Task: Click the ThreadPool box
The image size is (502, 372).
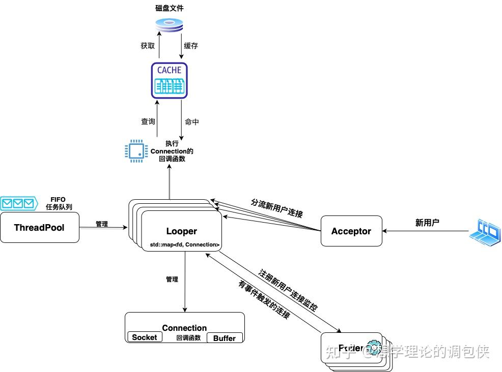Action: coord(39,227)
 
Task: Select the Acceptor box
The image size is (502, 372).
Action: coord(351,231)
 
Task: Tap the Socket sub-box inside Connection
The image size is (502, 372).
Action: coord(144,337)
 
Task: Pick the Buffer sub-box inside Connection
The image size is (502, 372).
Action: coord(225,338)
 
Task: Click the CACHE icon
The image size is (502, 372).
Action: coord(170,80)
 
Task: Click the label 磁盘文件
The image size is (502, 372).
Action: coord(170,8)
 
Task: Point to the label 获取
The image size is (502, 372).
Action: coord(148,46)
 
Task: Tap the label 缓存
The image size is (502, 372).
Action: coord(191,46)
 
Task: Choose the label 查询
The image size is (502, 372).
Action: coord(148,122)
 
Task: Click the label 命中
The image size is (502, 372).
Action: coord(192,122)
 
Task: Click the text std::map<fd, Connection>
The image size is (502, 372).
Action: coord(184,245)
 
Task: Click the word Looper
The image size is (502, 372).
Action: coord(181,231)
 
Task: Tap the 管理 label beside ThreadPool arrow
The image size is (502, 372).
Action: coord(102,224)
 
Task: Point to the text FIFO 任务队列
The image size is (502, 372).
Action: coord(58,203)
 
